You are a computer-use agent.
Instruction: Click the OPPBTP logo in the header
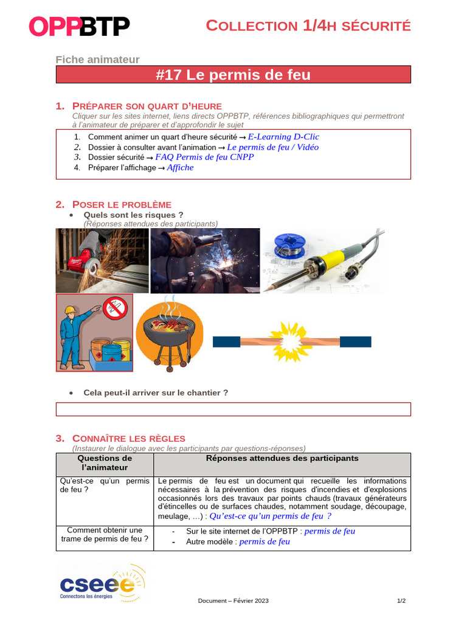(x=80, y=27)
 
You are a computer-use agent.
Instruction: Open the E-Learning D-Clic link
(x=283, y=137)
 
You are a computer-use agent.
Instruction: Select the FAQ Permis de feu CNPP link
(x=204, y=157)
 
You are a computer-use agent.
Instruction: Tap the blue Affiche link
(x=180, y=167)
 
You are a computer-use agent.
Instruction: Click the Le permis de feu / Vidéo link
(x=272, y=147)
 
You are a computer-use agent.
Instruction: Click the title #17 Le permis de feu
(x=233, y=75)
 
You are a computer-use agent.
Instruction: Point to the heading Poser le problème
(x=122, y=204)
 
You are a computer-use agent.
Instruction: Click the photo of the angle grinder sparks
(x=102, y=260)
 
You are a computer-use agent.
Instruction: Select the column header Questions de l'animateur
(x=105, y=463)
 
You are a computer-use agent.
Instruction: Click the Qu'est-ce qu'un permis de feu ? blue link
(x=270, y=516)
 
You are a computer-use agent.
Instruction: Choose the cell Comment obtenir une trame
(x=105, y=535)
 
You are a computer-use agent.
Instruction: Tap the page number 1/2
(x=401, y=600)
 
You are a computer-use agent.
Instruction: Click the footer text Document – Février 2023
(x=233, y=600)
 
